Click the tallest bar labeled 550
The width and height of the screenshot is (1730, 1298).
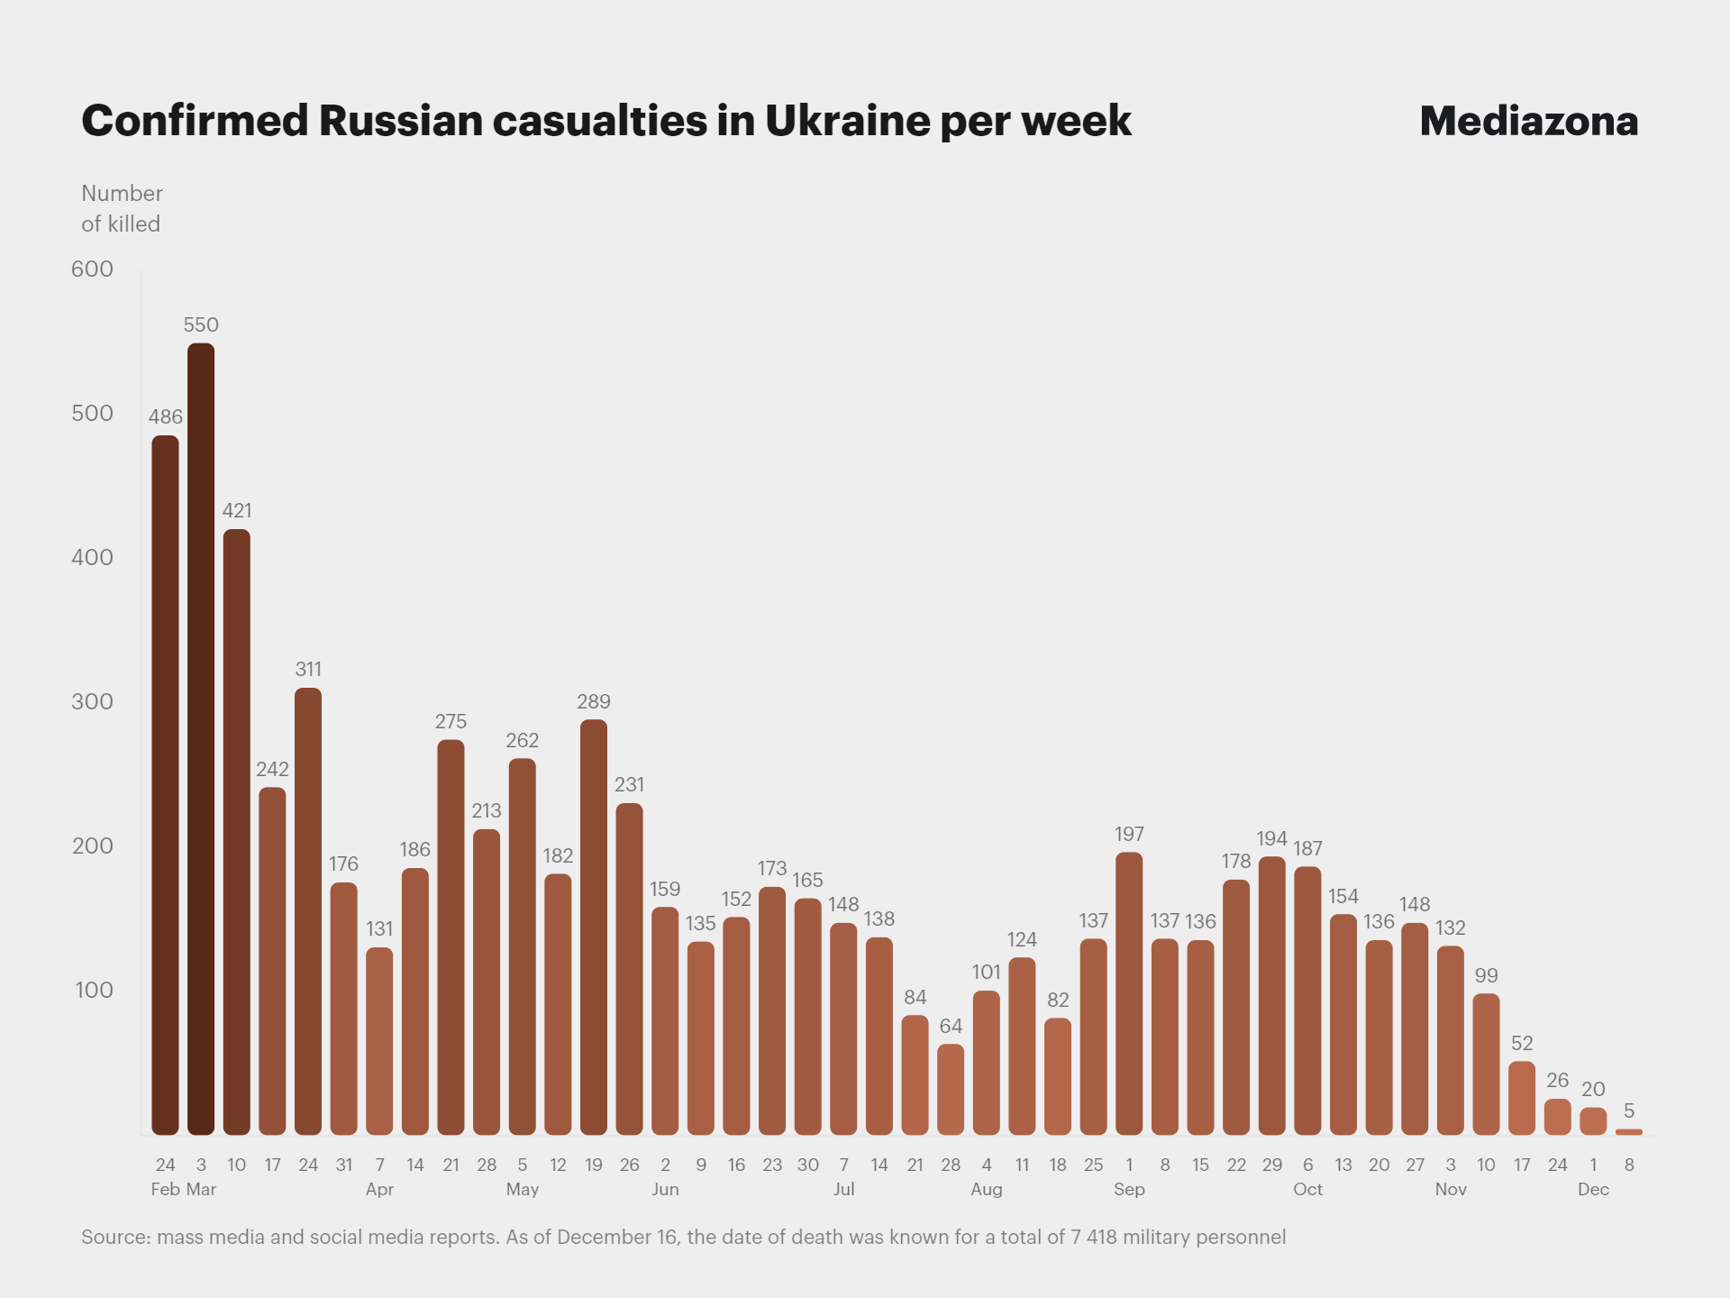(201, 739)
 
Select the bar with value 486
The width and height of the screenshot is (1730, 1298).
(165, 784)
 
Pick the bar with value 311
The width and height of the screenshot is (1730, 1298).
(308, 910)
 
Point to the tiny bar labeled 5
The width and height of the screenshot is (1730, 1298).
(1629, 1131)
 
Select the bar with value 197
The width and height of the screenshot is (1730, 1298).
(1129, 992)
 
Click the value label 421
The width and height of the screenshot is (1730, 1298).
(237, 510)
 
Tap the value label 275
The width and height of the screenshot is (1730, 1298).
(451, 721)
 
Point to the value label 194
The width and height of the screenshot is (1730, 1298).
(1271, 838)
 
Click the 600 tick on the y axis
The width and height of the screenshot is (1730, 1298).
(92, 269)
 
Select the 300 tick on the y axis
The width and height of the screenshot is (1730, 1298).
(92, 701)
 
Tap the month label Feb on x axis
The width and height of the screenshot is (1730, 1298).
(165, 1189)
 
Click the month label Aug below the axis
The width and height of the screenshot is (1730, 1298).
(987, 1189)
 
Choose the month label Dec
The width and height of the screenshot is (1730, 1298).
(1593, 1189)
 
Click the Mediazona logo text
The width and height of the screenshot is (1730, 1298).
(1528, 121)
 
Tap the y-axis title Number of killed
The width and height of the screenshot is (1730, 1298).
(122, 208)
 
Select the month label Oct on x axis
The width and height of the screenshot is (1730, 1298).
(1307, 1189)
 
